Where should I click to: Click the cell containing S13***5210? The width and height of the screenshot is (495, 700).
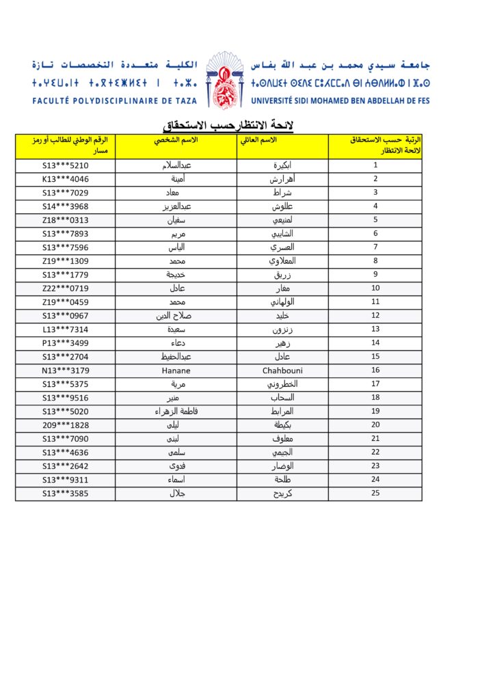[x=66, y=165]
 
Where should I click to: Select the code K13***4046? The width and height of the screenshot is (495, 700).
[x=66, y=179]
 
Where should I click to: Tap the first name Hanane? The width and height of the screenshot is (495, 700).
[x=176, y=371]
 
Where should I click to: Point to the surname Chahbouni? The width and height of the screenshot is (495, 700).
[x=282, y=371]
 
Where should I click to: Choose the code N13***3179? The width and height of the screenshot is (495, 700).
[x=66, y=371]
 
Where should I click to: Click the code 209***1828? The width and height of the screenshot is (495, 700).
[x=66, y=425]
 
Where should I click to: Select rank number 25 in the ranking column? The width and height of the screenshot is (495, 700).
[x=375, y=493]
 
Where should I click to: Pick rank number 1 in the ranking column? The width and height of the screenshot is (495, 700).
[x=375, y=165]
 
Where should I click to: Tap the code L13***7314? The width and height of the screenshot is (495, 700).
[x=66, y=329]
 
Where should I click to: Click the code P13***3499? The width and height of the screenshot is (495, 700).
[x=66, y=343]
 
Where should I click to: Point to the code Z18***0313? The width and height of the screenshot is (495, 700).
[x=66, y=220]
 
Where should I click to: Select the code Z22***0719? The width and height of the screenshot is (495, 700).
[x=66, y=288]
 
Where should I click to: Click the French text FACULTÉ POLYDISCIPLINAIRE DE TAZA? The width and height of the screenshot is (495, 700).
[x=114, y=100]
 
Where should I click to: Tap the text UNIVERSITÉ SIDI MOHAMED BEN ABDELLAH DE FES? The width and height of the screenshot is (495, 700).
[x=340, y=100]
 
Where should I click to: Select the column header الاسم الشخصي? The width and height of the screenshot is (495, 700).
[x=176, y=139]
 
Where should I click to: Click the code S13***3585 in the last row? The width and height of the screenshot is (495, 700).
[x=66, y=493]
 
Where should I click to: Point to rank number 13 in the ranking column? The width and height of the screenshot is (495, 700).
[x=375, y=329]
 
